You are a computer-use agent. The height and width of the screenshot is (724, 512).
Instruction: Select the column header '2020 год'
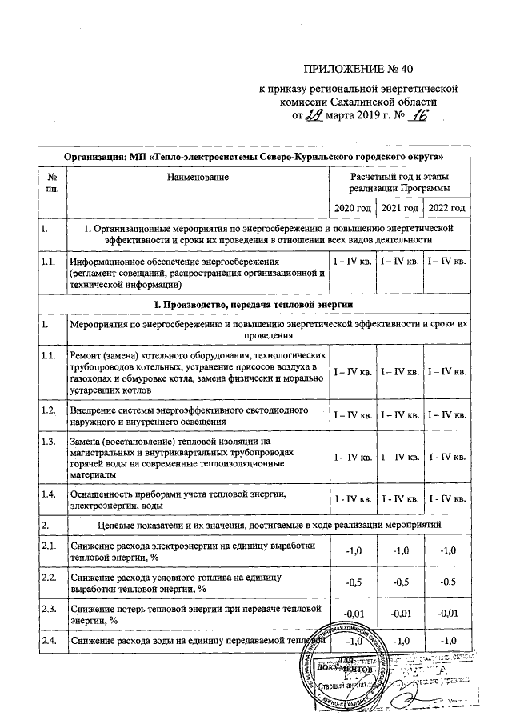pyautogui.click(x=352, y=209)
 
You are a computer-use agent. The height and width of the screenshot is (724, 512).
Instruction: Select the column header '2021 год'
pyautogui.click(x=399, y=209)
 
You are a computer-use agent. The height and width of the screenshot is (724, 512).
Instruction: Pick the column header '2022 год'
pyautogui.click(x=446, y=209)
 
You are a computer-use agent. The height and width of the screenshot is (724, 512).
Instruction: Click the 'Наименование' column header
pyautogui.click(x=197, y=174)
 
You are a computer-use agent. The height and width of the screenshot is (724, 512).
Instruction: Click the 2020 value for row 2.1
pyautogui.click(x=352, y=551)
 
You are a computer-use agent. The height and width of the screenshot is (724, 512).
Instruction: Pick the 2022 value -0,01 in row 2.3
pyautogui.click(x=446, y=614)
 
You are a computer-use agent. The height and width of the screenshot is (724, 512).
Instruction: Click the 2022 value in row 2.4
pyautogui.click(x=446, y=642)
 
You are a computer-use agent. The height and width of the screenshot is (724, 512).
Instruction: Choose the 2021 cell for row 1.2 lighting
pyautogui.click(x=399, y=415)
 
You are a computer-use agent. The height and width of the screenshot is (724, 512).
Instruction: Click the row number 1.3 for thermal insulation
pyautogui.click(x=50, y=442)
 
